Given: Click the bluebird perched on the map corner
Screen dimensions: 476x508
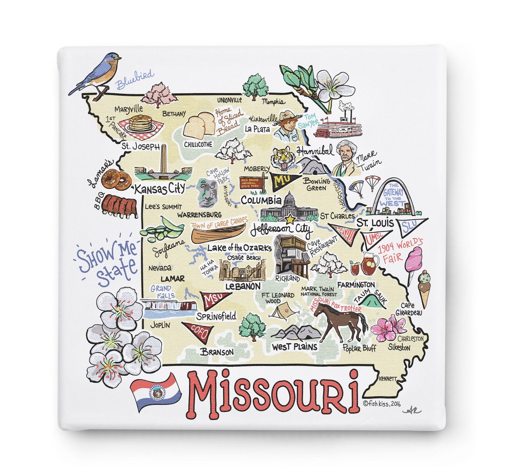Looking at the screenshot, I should tap(96, 74).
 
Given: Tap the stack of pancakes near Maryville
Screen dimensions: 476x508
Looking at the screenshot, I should tap(140, 124).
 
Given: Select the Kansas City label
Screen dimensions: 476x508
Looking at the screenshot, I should tap(159, 189).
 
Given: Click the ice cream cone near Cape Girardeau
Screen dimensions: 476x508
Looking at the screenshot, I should tap(424, 287).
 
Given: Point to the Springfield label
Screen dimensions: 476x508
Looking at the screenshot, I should tap(216, 316).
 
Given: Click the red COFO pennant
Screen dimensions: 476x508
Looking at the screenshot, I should tap(197, 330).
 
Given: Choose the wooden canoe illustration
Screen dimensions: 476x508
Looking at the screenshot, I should tap(218, 233).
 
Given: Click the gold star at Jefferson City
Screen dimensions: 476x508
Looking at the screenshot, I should tap(290, 219).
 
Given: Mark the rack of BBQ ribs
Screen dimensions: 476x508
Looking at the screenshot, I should tap(119, 206).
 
